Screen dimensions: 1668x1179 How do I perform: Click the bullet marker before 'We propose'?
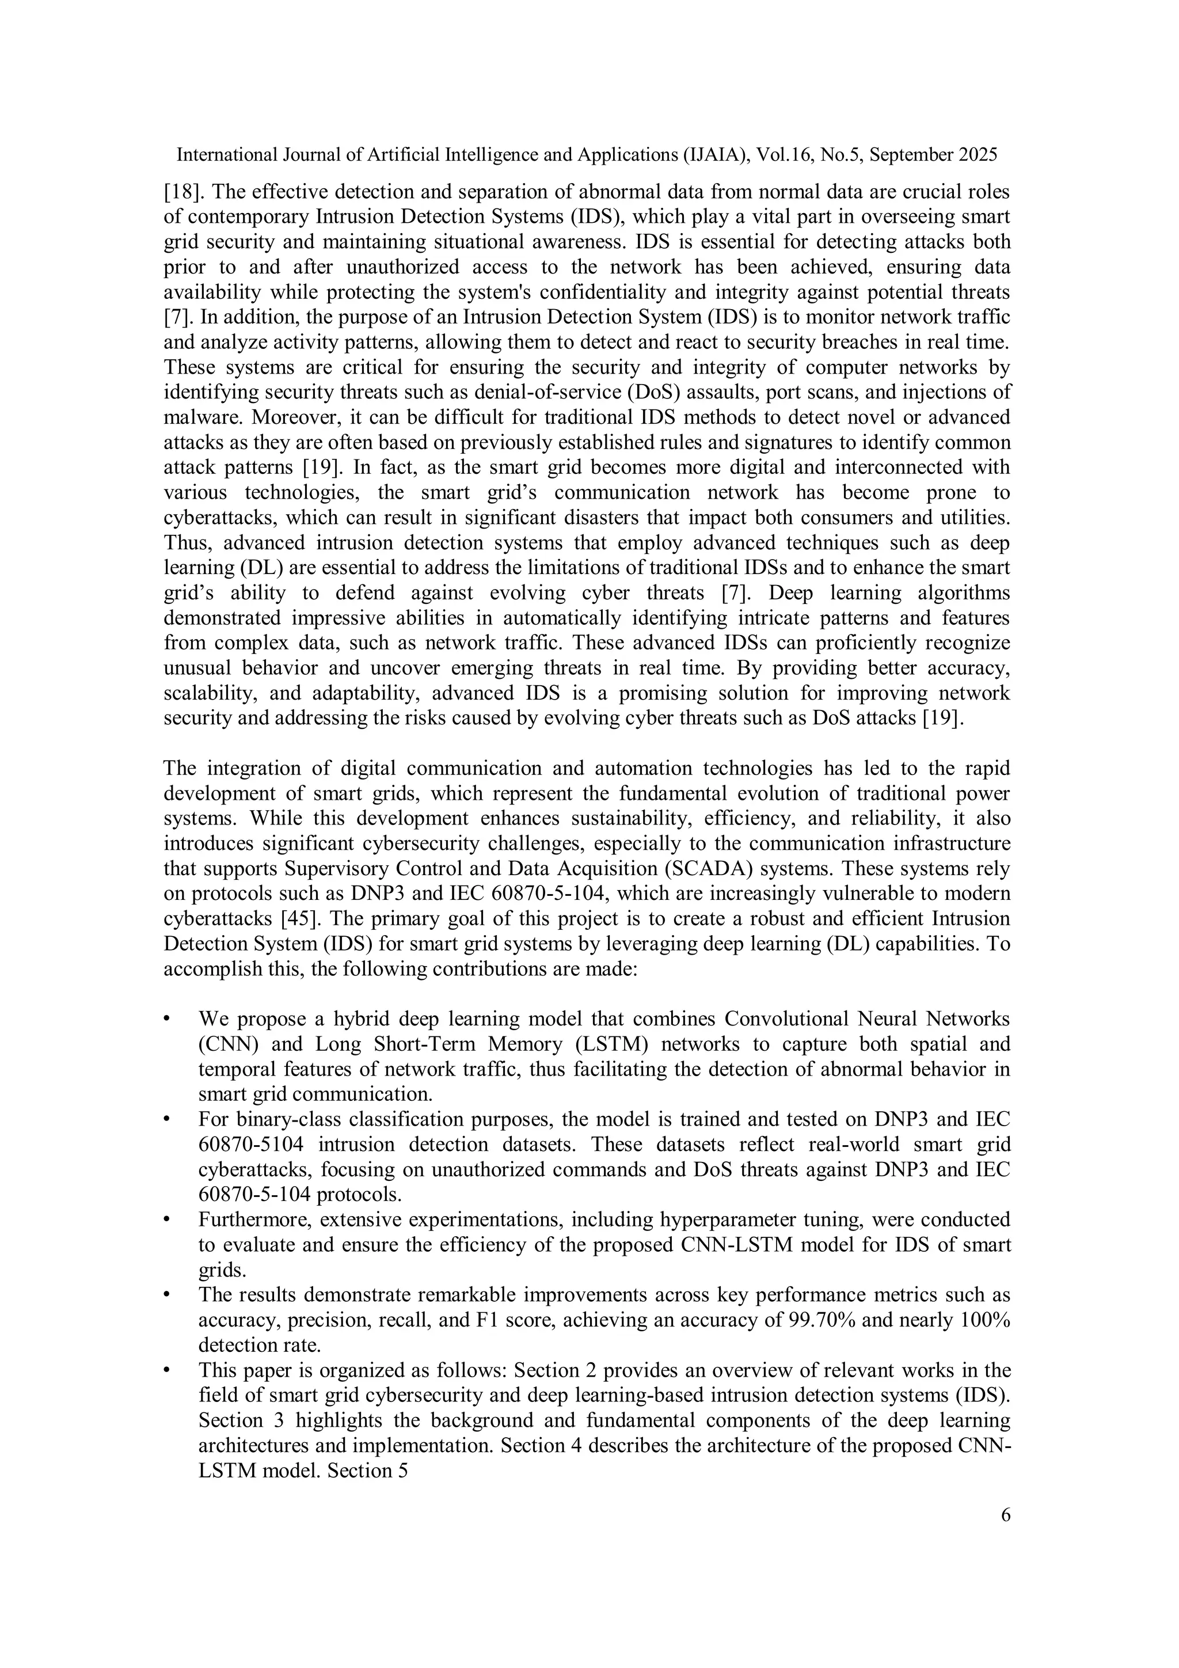[x=167, y=1019]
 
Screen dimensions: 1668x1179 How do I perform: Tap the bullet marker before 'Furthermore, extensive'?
[x=167, y=1219]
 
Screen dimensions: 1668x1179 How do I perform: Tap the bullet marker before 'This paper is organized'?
[x=167, y=1370]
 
